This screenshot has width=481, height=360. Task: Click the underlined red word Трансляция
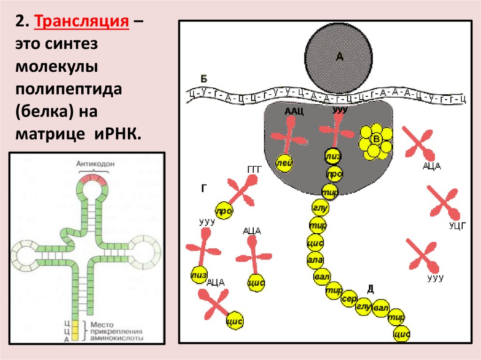pyautogui.click(x=82, y=22)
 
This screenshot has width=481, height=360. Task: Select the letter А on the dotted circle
pyautogui.click(x=340, y=57)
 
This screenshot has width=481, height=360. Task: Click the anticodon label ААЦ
pyautogui.click(x=294, y=111)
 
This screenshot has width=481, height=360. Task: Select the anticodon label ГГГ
pyautogui.click(x=254, y=169)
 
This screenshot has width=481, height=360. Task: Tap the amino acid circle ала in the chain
pyautogui.click(x=314, y=259)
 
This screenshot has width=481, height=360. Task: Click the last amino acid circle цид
pyautogui.click(x=402, y=334)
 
